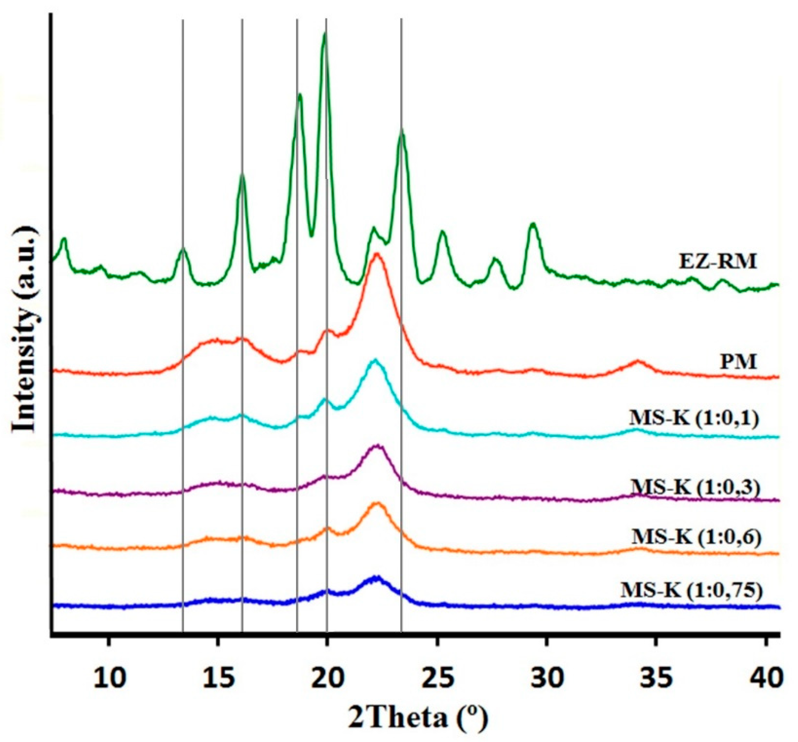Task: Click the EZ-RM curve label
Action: pyautogui.click(x=718, y=261)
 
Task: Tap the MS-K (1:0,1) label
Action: pyautogui.click(x=693, y=429)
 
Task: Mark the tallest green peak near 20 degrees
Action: pyautogui.click(x=325, y=34)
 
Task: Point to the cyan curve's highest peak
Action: pyautogui.click(x=375, y=360)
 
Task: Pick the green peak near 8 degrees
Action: pyautogui.click(x=64, y=240)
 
